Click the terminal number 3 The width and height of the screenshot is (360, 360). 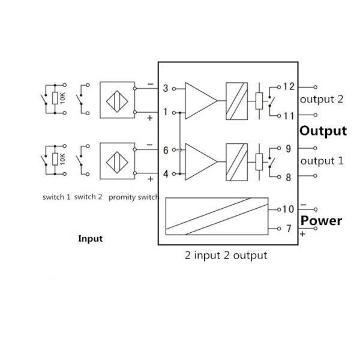166,89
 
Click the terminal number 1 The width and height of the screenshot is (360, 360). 166,112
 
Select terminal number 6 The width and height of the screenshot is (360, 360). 166,151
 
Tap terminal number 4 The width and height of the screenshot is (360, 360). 166,173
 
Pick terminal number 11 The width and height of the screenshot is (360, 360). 289,115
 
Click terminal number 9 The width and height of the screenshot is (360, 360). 289,149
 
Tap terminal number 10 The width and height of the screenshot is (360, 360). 287,209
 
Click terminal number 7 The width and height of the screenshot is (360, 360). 288,229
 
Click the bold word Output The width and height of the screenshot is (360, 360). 323,131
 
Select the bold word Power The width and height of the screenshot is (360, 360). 321,220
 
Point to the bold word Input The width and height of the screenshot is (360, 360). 91,238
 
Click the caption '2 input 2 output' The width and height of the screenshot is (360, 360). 226,255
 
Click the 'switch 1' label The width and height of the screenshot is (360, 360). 56,197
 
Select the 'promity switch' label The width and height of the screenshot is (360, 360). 133,197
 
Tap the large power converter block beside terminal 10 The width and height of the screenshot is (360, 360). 216,216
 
